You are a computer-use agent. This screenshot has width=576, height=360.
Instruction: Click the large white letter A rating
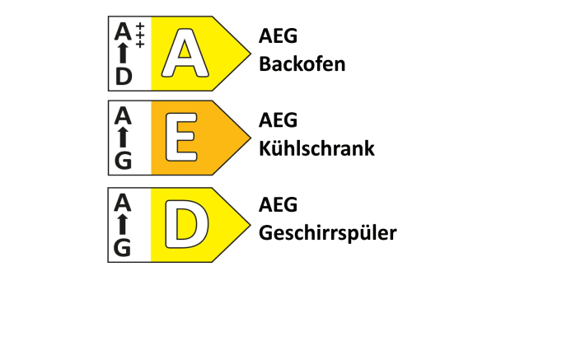pyautogui.click(x=185, y=53)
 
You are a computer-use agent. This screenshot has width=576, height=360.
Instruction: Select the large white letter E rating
pyautogui.click(x=181, y=138)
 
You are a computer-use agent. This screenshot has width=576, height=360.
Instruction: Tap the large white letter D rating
pyautogui.click(x=186, y=224)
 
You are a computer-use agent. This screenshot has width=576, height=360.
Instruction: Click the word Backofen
pyautogui.click(x=302, y=64)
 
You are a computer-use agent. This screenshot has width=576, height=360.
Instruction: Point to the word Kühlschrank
pyautogui.click(x=316, y=148)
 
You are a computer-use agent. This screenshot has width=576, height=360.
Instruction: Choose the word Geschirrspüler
pyautogui.click(x=328, y=233)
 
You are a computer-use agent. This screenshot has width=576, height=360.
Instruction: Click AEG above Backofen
pyautogui.click(x=278, y=35)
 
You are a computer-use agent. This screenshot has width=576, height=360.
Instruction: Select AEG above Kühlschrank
pyautogui.click(x=278, y=120)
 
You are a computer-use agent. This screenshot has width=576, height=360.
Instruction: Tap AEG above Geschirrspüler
pyautogui.click(x=278, y=204)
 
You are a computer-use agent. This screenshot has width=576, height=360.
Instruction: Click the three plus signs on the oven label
pyautogui.click(x=140, y=35)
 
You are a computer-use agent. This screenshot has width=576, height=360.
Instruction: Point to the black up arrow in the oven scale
pyautogui.click(x=124, y=54)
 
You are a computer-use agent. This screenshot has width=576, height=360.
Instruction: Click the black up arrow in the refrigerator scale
pyautogui.click(x=124, y=137)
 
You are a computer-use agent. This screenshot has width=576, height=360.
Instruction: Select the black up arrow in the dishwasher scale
pyautogui.click(x=123, y=224)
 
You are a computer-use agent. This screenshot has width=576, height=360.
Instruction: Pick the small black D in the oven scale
pyautogui.click(x=124, y=77)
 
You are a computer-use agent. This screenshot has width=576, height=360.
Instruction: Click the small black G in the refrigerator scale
pyautogui.click(x=124, y=161)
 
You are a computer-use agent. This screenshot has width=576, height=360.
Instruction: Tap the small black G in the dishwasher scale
pyautogui.click(x=123, y=248)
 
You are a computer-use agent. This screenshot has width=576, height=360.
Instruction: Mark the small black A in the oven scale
pyautogui.click(x=123, y=31)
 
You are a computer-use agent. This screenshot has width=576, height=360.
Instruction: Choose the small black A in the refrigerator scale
pyautogui.click(x=123, y=115)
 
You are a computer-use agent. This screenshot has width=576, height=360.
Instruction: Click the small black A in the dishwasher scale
pyautogui.click(x=122, y=203)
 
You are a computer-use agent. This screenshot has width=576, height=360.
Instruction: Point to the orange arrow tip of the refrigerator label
pyautogui.click(x=251, y=138)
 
